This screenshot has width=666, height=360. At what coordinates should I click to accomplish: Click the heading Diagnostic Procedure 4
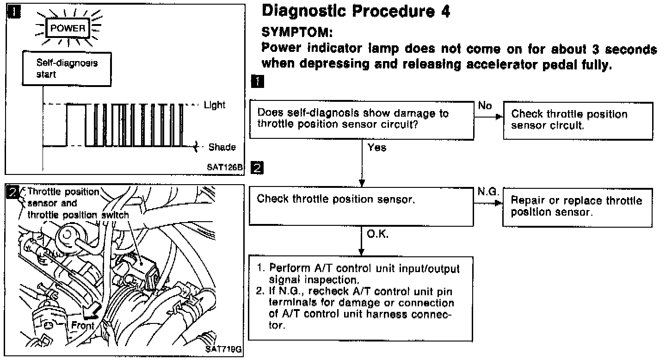click(356, 11)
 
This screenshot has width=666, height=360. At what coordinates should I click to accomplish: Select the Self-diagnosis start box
click(67, 68)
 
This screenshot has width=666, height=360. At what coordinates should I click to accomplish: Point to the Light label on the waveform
click(215, 105)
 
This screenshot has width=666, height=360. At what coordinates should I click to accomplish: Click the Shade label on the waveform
click(222, 147)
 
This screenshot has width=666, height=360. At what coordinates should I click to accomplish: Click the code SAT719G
click(224, 349)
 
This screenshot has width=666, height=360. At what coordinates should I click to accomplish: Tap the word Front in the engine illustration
click(83, 325)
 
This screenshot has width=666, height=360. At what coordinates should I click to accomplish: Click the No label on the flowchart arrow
click(485, 106)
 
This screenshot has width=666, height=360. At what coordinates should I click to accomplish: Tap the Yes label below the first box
click(377, 148)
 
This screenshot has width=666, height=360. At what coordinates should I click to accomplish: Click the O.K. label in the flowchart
click(377, 234)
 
